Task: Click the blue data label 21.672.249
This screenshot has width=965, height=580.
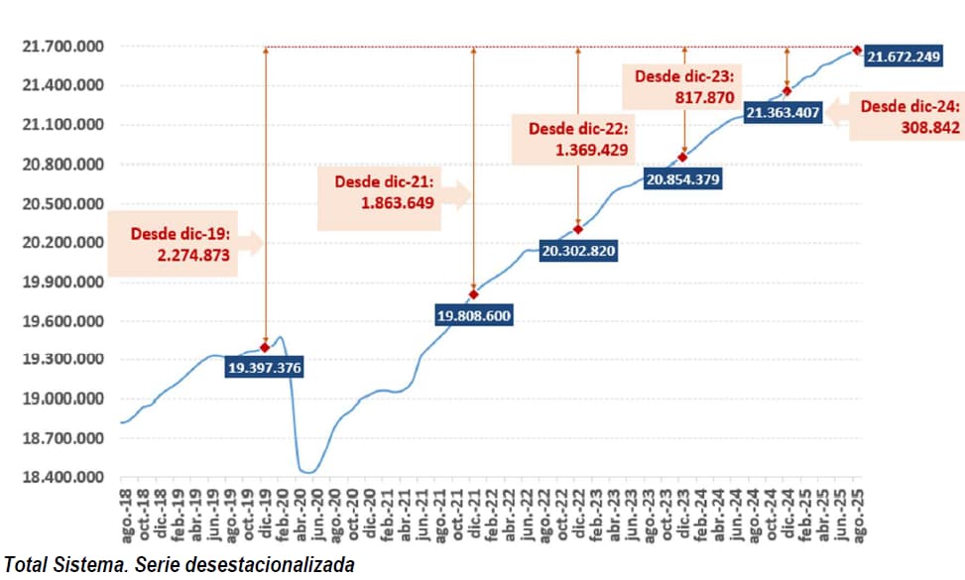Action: pos(903,58)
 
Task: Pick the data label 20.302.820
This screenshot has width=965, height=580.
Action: pos(578,251)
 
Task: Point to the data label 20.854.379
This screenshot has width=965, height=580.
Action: pos(682,179)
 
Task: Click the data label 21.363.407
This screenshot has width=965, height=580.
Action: pos(783,112)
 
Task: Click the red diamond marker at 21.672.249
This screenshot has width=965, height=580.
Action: pos(857,51)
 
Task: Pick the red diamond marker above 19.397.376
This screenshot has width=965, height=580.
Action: pos(265,347)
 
